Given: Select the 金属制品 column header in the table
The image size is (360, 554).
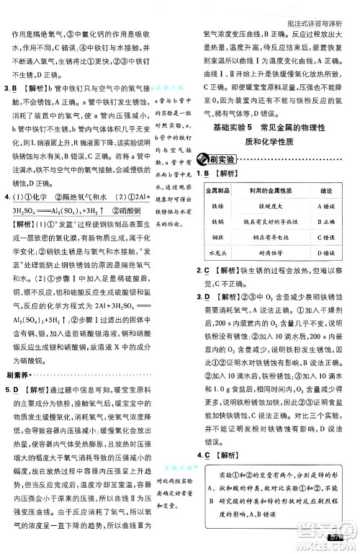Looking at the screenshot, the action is point(216,192).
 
